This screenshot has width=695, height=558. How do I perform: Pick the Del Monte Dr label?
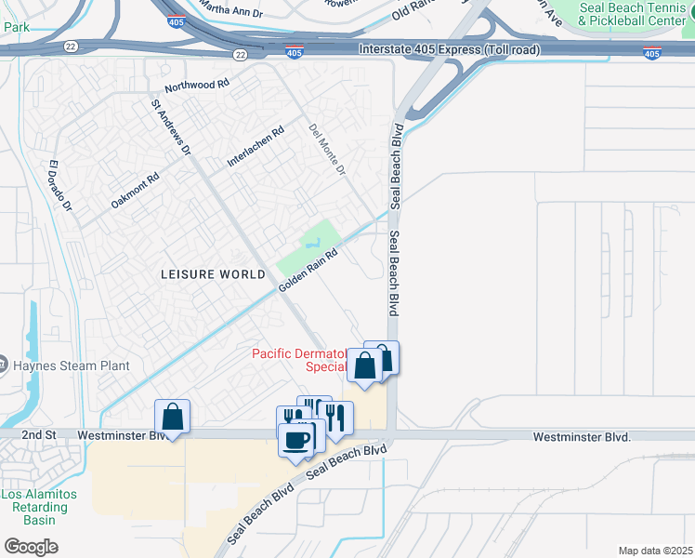[327, 148]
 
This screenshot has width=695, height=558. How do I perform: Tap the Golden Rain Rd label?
[308, 271]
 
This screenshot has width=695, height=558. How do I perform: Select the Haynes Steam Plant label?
[71, 365]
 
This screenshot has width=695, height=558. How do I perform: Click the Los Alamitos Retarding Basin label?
[34, 507]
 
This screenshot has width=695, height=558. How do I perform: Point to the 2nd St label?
[40, 435]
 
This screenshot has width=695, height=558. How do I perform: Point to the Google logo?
[31, 547]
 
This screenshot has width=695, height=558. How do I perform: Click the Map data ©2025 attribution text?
[655, 551]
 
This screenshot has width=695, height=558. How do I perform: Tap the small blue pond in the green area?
[316, 244]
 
